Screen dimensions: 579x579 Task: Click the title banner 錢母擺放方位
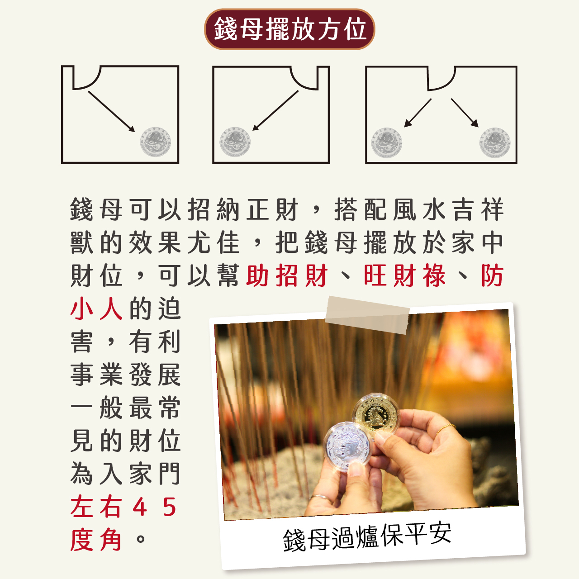289,29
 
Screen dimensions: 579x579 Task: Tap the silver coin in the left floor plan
156,142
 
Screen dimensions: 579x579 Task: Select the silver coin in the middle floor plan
235,142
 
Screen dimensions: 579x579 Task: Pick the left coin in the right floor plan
386,142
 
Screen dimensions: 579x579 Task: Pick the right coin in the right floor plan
495,142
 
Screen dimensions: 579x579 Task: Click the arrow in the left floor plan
111,111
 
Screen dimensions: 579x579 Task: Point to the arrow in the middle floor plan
275,110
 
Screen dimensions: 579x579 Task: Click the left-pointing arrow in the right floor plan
418,113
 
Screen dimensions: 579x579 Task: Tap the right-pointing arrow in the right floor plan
465,113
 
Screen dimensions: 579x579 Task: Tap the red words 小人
96,308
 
